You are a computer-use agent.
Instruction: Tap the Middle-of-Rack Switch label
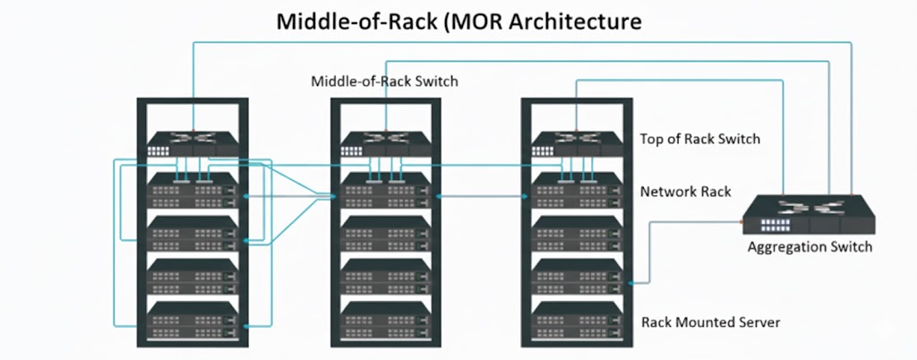384,81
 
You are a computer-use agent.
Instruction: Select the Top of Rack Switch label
699,139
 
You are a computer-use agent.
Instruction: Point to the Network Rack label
685,192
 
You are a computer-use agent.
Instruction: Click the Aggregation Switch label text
810,246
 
